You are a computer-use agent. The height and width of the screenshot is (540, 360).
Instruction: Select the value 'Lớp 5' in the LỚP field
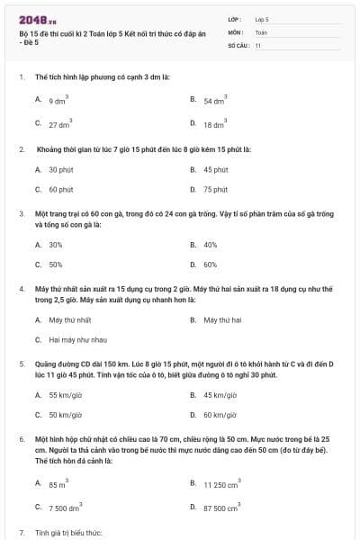pos(262,18)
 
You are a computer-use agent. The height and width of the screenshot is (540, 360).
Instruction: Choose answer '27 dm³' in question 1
pos(59,125)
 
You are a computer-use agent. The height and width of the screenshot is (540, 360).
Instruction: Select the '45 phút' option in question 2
pos(215,169)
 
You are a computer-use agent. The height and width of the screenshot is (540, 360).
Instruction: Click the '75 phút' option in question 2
pos(215,190)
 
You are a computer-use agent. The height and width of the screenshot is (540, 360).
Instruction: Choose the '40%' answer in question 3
pos(211,244)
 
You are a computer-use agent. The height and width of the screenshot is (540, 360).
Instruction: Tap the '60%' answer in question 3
pos(211,265)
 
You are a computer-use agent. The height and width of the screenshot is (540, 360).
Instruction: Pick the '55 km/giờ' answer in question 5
pos(65,394)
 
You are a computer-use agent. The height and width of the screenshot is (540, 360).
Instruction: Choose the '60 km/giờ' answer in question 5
pos(219,415)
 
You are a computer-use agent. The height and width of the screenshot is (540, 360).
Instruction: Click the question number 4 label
pos(21,288)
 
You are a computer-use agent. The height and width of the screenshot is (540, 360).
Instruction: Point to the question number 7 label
pos(21,533)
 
